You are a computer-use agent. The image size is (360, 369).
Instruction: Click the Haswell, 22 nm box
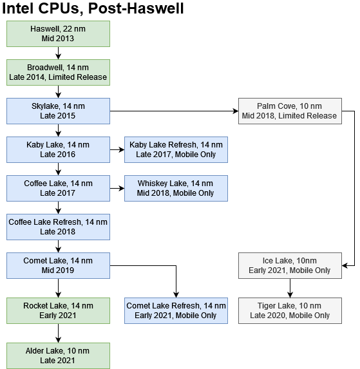point(58,33)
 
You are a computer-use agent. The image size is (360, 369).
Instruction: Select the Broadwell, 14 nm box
point(58,72)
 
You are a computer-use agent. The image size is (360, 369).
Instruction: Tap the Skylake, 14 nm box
point(58,111)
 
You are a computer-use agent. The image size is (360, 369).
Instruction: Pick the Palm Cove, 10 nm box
point(289,111)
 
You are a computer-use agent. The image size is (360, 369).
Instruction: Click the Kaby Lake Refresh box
point(176,149)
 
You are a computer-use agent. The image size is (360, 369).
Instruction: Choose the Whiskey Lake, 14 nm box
point(176,188)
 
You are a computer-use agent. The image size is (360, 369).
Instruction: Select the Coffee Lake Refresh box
point(58,227)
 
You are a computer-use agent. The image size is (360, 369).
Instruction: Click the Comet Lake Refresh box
point(176,310)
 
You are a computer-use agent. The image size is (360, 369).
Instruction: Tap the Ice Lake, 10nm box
point(289,265)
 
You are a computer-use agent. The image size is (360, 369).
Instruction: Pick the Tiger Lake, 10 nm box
point(289,310)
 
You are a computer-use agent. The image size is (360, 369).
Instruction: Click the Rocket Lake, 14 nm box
point(58,310)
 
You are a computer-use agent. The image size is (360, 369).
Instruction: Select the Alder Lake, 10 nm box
point(58,355)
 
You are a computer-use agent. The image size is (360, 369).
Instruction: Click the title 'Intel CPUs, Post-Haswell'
point(94,9)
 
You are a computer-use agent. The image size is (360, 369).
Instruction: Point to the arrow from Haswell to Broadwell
point(59,53)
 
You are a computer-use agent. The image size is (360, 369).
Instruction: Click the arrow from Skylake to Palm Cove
point(174,111)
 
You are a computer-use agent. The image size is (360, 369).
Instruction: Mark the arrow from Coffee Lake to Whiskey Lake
point(117,188)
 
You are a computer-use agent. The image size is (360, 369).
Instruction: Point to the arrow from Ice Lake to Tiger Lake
point(289,288)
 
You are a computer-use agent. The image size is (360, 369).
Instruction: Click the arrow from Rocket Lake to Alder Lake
point(59,333)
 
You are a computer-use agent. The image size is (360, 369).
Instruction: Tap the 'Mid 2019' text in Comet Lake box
point(58,270)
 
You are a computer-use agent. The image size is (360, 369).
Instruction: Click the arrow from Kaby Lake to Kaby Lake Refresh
point(117,149)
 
